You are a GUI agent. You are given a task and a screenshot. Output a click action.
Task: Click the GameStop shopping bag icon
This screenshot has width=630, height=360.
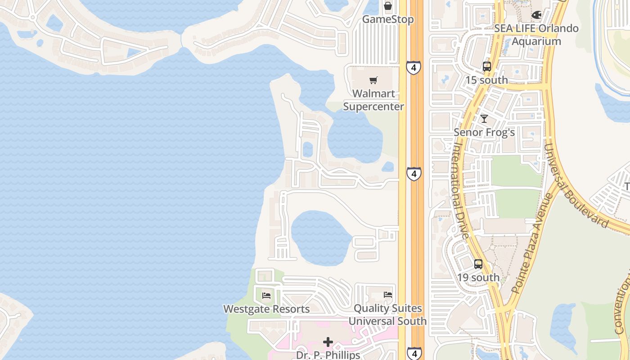pyautogui.click(x=387, y=6)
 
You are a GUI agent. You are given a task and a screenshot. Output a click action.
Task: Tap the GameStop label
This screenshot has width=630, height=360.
pyautogui.click(x=387, y=19)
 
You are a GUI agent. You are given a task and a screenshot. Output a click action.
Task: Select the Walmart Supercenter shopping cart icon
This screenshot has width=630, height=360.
pyautogui.click(x=373, y=81)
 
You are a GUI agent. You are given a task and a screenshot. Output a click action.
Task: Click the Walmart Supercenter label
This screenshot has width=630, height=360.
pyautogui.click(x=373, y=100)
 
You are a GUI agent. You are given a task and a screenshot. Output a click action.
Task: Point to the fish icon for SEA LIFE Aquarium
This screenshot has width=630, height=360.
pyautogui.click(x=536, y=15)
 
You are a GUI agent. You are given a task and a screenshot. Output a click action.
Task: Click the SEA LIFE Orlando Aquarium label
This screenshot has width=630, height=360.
pyautogui.click(x=536, y=35)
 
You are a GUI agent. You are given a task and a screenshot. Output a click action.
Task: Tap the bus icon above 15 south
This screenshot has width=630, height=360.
pyautogui.click(x=486, y=67)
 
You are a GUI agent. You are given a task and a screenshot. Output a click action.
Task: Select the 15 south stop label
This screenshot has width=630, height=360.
pyautogui.click(x=486, y=80)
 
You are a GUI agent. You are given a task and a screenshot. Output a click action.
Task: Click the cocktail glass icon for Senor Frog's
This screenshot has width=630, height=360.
pyautogui.click(x=484, y=119)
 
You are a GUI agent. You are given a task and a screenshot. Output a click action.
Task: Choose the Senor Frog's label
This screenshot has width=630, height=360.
pyautogui.click(x=484, y=132)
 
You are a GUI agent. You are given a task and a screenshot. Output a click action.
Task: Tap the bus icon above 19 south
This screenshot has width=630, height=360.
pyautogui.click(x=478, y=264)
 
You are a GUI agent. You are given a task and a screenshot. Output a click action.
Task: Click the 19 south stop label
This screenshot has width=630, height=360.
pyautogui.click(x=478, y=278)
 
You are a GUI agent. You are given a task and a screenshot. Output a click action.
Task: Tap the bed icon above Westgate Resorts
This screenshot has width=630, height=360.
pyautogui.click(x=266, y=296)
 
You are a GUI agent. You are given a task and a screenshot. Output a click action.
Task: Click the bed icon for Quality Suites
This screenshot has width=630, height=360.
pyautogui.click(x=387, y=295)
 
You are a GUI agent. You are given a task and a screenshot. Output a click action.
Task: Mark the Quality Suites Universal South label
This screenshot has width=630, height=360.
pyautogui.click(x=387, y=315)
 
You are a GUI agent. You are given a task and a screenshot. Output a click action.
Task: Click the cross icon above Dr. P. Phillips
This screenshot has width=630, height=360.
pyautogui.click(x=328, y=342)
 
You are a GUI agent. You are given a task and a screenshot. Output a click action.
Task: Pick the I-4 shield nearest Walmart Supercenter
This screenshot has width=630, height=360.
pyautogui.click(x=413, y=67)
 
